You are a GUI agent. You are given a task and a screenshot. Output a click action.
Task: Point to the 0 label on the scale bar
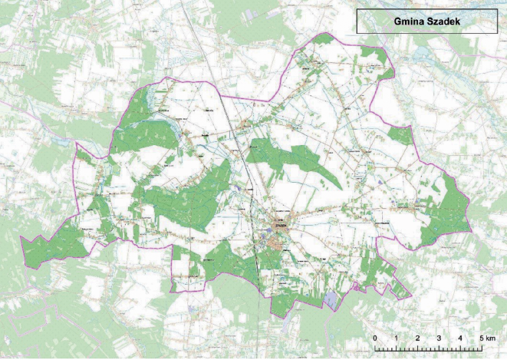click(374, 339)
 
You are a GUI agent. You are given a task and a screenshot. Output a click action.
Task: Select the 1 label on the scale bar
click(396, 339)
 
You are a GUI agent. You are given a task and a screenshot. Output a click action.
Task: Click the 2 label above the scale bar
click(417, 339)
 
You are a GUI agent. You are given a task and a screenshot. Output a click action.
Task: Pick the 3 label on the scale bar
click(439, 339)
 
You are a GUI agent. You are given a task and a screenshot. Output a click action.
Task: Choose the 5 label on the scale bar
click(481, 339)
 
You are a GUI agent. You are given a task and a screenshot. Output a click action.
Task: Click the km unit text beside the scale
click(491, 339)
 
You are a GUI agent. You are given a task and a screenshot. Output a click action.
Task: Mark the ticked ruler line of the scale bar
click(428, 348)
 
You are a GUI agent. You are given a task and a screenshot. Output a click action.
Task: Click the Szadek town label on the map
click(281, 225)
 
